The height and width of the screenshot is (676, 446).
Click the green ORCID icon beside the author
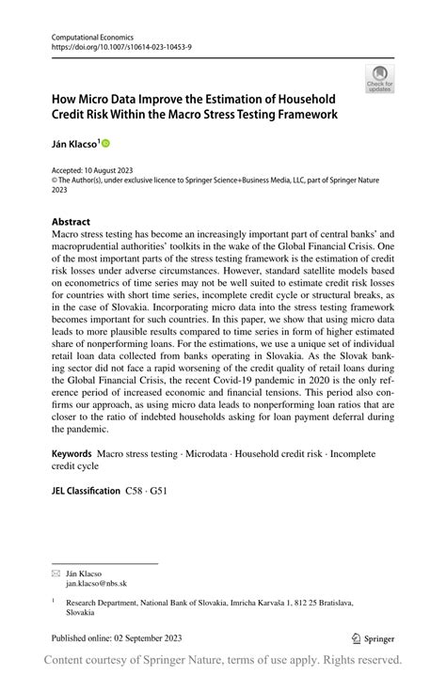point(105,143)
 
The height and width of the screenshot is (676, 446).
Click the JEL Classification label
point(86,491)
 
